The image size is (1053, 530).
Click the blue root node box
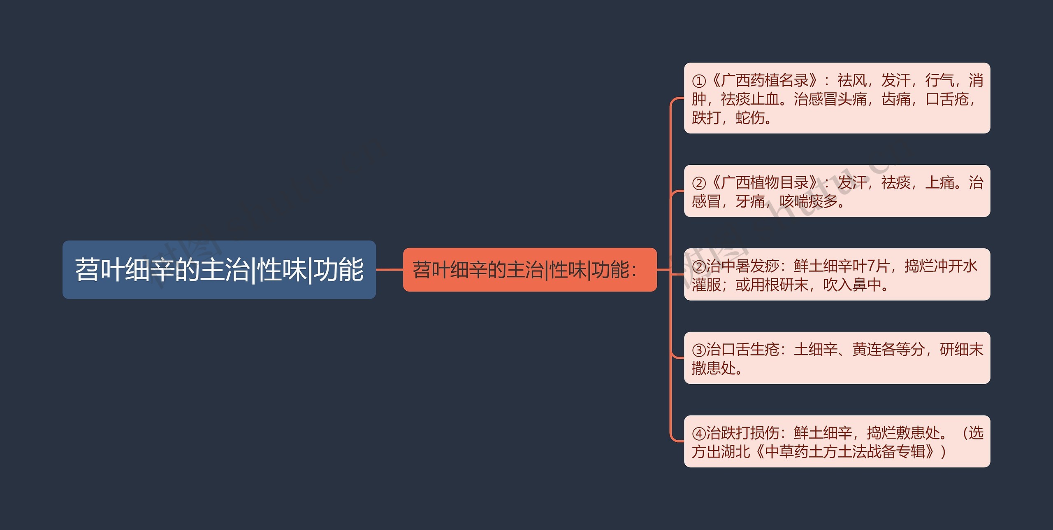[x=219, y=270]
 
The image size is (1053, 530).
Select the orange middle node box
[x=529, y=270]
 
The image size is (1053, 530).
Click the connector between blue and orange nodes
[x=389, y=270]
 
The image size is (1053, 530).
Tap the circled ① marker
[x=699, y=81]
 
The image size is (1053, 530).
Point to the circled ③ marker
[x=699, y=350]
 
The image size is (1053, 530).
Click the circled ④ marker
[x=699, y=433]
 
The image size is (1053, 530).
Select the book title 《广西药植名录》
[x=765, y=81]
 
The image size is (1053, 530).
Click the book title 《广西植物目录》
[x=765, y=183]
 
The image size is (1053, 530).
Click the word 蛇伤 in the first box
[x=750, y=118]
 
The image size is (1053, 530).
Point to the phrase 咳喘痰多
[x=808, y=201]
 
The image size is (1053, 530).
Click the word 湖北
[x=735, y=452]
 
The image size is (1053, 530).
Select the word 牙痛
[x=750, y=201]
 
